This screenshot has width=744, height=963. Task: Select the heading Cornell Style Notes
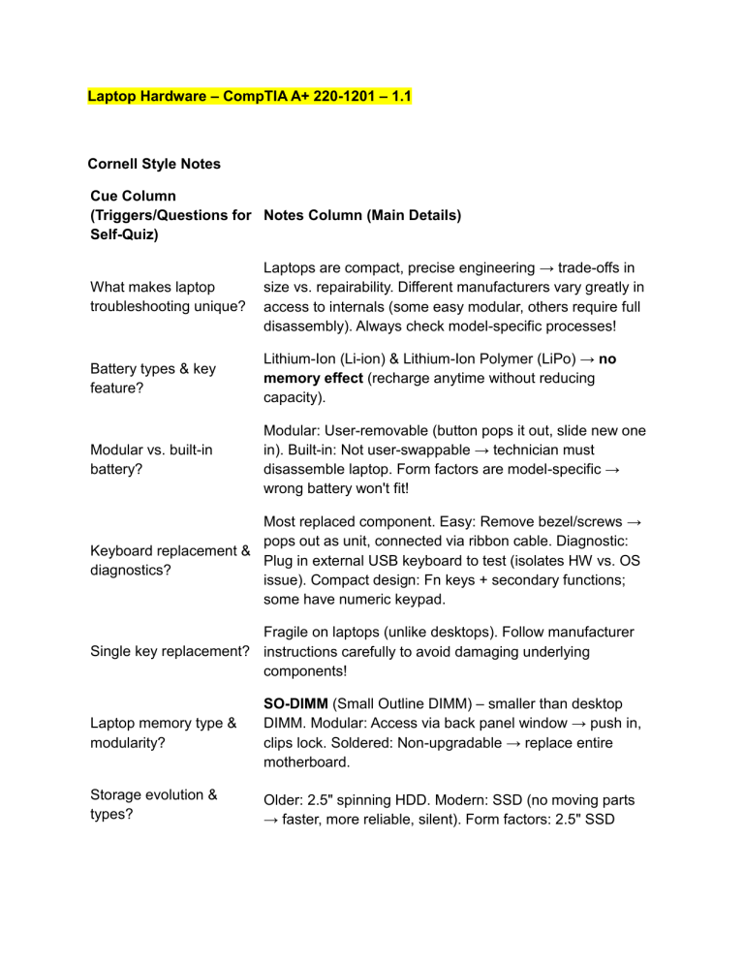pyautogui.click(x=154, y=164)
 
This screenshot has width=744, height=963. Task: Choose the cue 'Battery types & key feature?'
pyautogui.click(x=152, y=379)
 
